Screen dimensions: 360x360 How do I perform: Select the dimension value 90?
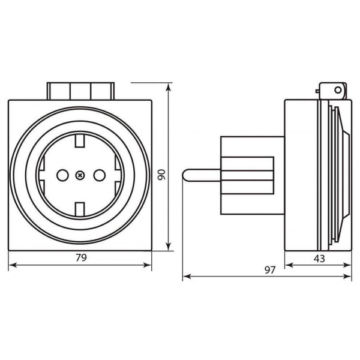[x=161, y=174]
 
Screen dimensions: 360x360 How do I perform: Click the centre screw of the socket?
[x=80, y=175]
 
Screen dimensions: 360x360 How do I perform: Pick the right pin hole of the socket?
[x=99, y=175]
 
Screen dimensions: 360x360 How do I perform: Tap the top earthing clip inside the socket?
[x=80, y=142]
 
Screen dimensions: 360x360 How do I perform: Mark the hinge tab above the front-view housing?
[x=80, y=91]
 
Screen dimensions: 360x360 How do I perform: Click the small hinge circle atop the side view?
[x=340, y=91]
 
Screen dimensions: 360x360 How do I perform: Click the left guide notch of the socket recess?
[x=42, y=175]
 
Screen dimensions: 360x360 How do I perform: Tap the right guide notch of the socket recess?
[x=119, y=175]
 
